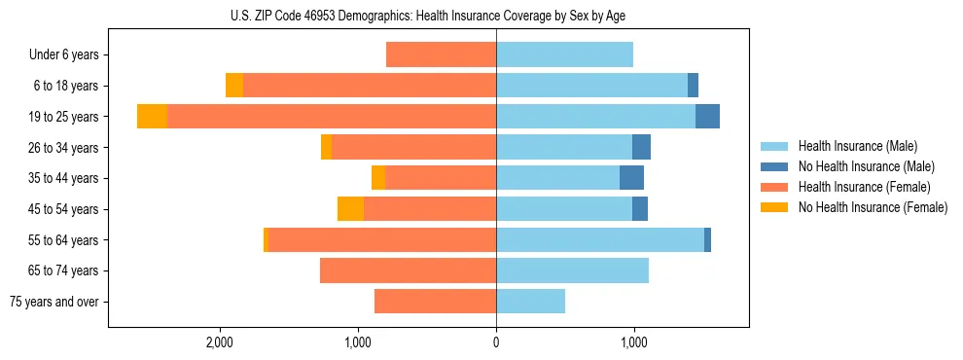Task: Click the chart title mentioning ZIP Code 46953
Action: pyautogui.click(x=428, y=16)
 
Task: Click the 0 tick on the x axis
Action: pyautogui.click(x=496, y=342)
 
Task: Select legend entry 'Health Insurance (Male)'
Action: pyautogui.click(x=857, y=146)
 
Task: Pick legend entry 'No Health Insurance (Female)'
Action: pyautogui.click(x=873, y=207)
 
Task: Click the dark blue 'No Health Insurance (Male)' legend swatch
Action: pyautogui.click(x=774, y=166)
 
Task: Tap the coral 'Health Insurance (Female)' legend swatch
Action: pyautogui.click(x=774, y=187)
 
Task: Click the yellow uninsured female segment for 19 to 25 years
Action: pyautogui.click(x=152, y=117)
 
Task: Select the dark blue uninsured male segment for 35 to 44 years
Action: pyautogui.click(x=631, y=178)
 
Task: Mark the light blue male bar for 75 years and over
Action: pyautogui.click(x=530, y=302)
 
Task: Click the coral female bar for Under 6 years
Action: pyautogui.click(x=441, y=54)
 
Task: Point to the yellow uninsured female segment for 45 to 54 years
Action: pyautogui.click(x=350, y=209)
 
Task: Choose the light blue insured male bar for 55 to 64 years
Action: pyautogui.click(x=599, y=239)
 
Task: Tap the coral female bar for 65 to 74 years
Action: pyautogui.click(x=408, y=270)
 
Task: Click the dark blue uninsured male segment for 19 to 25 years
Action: pyautogui.click(x=707, y=117)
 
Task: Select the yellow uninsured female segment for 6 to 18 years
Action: pyautogui.click(x=234, y=86)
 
